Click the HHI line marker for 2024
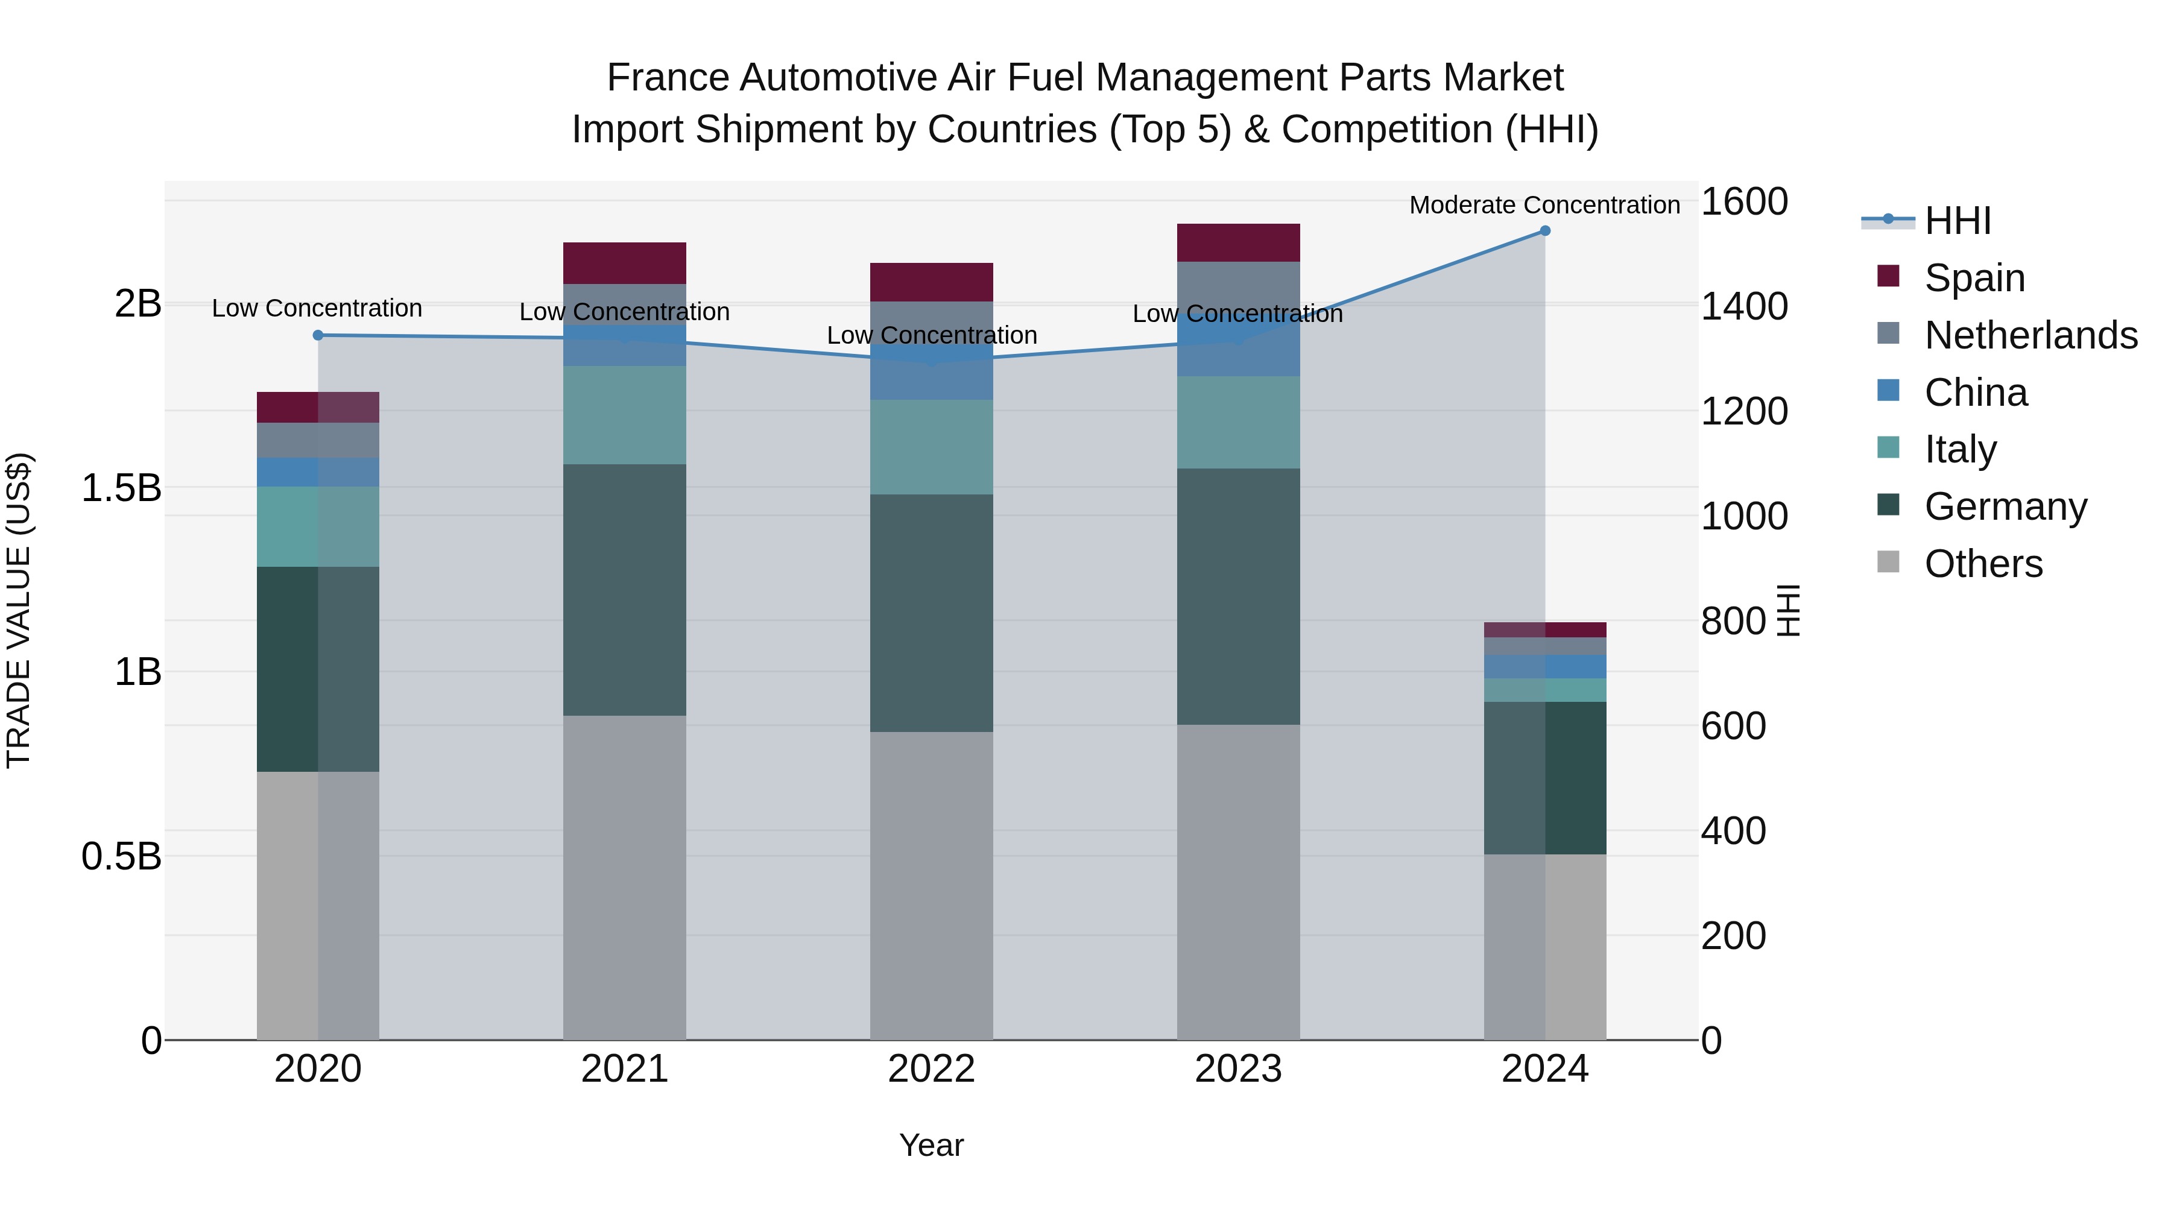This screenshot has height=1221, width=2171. pos(1545,231)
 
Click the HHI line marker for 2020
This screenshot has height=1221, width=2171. pos(318,335)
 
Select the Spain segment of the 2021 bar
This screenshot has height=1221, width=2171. pos(625,263)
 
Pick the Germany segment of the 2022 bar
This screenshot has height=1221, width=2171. pos(931,613)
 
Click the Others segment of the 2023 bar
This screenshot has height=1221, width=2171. pos(1238,882)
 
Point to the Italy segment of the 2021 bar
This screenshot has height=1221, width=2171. pos(625,415)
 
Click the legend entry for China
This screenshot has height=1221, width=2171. pos(1976,393)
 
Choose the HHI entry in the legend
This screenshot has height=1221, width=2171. pos(1957,221)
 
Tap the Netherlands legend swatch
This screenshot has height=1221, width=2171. pos(1889,333)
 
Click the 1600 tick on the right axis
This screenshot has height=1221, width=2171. pos(1743,202)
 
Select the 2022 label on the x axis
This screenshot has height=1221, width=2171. pos(931,1069)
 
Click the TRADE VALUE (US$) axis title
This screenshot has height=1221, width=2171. pos(19,610)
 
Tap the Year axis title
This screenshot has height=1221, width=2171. pos(931,1145)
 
